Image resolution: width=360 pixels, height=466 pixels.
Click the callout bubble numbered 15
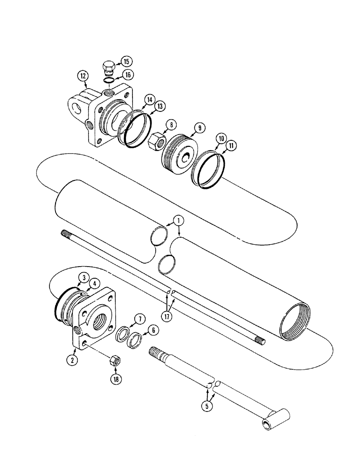(126, 61)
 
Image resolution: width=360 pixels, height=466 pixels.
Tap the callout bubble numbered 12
(83, 75)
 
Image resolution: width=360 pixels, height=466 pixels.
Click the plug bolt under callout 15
(108, 68)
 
